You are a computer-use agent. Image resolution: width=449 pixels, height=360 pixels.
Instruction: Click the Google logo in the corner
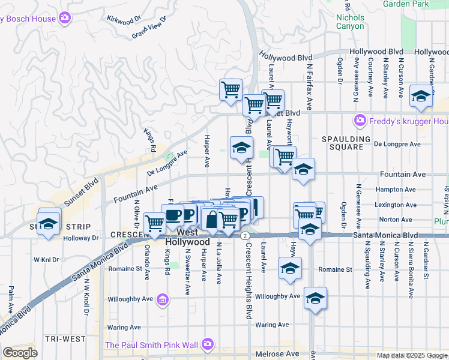click(20, 353)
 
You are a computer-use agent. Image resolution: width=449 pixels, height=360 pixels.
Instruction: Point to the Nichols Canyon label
click(350, 22)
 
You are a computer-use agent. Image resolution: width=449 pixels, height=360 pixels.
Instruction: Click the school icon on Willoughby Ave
click(315, 298)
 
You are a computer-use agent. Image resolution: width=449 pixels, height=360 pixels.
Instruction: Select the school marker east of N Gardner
click(421, 97)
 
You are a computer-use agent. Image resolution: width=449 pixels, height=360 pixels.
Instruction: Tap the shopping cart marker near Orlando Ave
click(155, 223)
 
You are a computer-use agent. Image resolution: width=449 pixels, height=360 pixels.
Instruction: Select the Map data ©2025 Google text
click(411, 355)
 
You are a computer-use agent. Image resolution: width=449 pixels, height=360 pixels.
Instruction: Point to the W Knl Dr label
click(47, 260)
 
